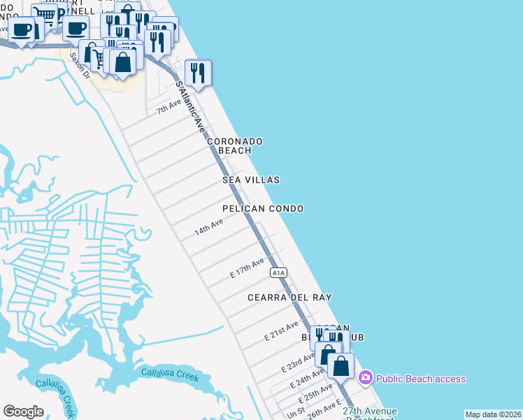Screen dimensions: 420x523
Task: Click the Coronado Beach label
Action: (x=234, y=146)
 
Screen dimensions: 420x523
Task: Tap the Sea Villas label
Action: (x=251, y=180)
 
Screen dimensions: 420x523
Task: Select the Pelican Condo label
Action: (x=263, y=209)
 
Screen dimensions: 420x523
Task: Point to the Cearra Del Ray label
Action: (x=289, y=297)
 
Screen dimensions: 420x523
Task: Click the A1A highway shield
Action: (x=279, y=272)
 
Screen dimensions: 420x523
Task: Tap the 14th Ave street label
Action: (x=209, y=227)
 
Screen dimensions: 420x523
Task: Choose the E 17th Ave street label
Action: (x=248, y=269)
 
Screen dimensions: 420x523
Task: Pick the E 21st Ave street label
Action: (x=282, y=330)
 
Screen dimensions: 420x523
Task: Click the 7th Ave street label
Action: (x=169, y=106)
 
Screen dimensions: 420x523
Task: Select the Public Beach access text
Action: (x=420, y=379)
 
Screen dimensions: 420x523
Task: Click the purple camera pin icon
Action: (x=365, y=379)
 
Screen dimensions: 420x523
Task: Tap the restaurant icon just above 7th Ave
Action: (x=198, y=72)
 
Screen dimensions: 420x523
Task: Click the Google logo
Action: (x=23, y=411)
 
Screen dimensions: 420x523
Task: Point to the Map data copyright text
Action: (x=493, y=414)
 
